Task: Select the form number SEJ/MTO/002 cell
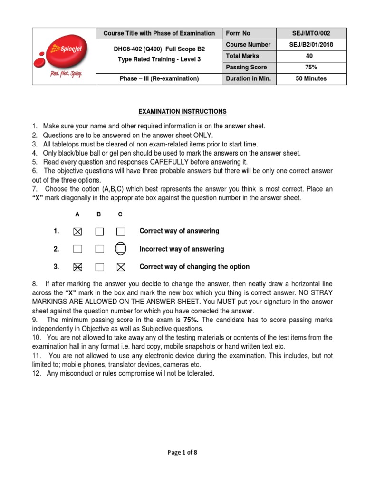311,33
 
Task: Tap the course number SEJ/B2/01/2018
311,45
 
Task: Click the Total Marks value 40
311,56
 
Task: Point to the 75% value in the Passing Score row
311,68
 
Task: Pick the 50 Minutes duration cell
311,79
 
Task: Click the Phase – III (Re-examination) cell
159,79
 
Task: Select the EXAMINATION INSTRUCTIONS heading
182,112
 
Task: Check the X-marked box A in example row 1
78,232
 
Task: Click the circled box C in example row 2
121,249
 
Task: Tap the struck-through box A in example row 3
78,267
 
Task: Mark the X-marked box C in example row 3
121,267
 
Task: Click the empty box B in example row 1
99,232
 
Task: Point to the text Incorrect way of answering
181,249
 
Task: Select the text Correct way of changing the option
194,267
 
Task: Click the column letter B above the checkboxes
99,214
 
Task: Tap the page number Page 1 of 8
182,453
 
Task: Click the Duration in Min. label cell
249,79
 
